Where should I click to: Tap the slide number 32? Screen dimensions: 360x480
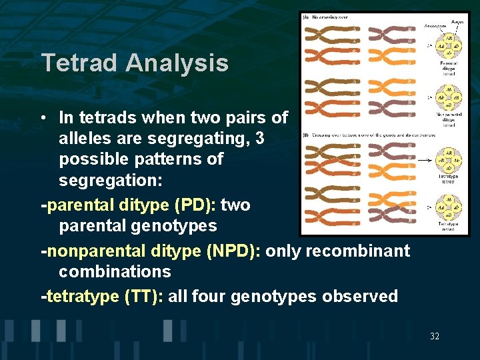(435, 337)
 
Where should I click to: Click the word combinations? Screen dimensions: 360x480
(115, 271)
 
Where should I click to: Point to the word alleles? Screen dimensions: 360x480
(85, 139)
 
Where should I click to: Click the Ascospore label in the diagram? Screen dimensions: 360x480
(435, 27)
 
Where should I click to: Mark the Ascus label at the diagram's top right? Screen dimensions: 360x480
(457, 21)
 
